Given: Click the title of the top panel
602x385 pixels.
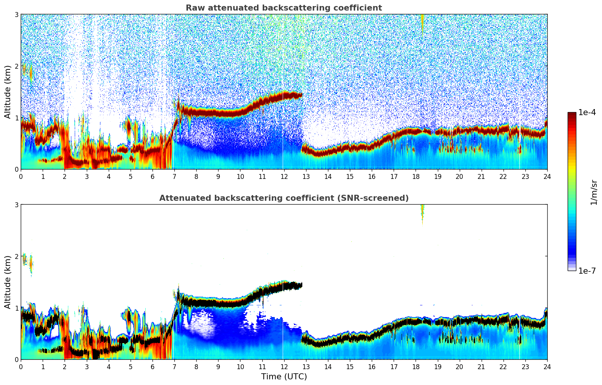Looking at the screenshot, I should (x=284, y=8).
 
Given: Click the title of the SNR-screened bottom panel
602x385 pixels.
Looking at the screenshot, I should (x=284, y=198).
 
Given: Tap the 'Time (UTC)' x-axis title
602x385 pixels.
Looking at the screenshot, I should (x=284, y=377).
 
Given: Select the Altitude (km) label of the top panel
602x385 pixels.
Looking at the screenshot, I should (x=8, y=92).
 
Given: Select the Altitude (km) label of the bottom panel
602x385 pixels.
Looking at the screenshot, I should (x=8, y=282).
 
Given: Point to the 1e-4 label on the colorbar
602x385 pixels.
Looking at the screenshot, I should (x=587, y=112).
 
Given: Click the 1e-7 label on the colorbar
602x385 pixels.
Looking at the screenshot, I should (x=587, y=271).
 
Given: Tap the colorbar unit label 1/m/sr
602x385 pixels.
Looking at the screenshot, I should (x=594, y=192).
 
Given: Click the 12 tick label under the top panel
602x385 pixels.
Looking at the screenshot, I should (x=284, y=176).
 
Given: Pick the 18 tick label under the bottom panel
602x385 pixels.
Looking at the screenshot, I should (x=416, y=367).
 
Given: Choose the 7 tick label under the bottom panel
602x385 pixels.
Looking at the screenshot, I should (x=174, y=367).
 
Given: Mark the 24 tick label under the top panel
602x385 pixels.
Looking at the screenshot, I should (x=547, y=176).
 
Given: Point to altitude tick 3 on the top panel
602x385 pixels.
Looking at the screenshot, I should (x=17, y=14).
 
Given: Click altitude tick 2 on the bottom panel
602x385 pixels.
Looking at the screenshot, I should (x=17, y=256).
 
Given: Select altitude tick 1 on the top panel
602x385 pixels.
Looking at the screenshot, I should (x=17, y=118).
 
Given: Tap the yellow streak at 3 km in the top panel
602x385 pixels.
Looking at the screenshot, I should (x=422, y=22).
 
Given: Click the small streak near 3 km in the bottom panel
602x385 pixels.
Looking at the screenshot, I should (x=422, y=213).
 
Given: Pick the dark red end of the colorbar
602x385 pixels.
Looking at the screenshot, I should (x=572, y=115).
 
